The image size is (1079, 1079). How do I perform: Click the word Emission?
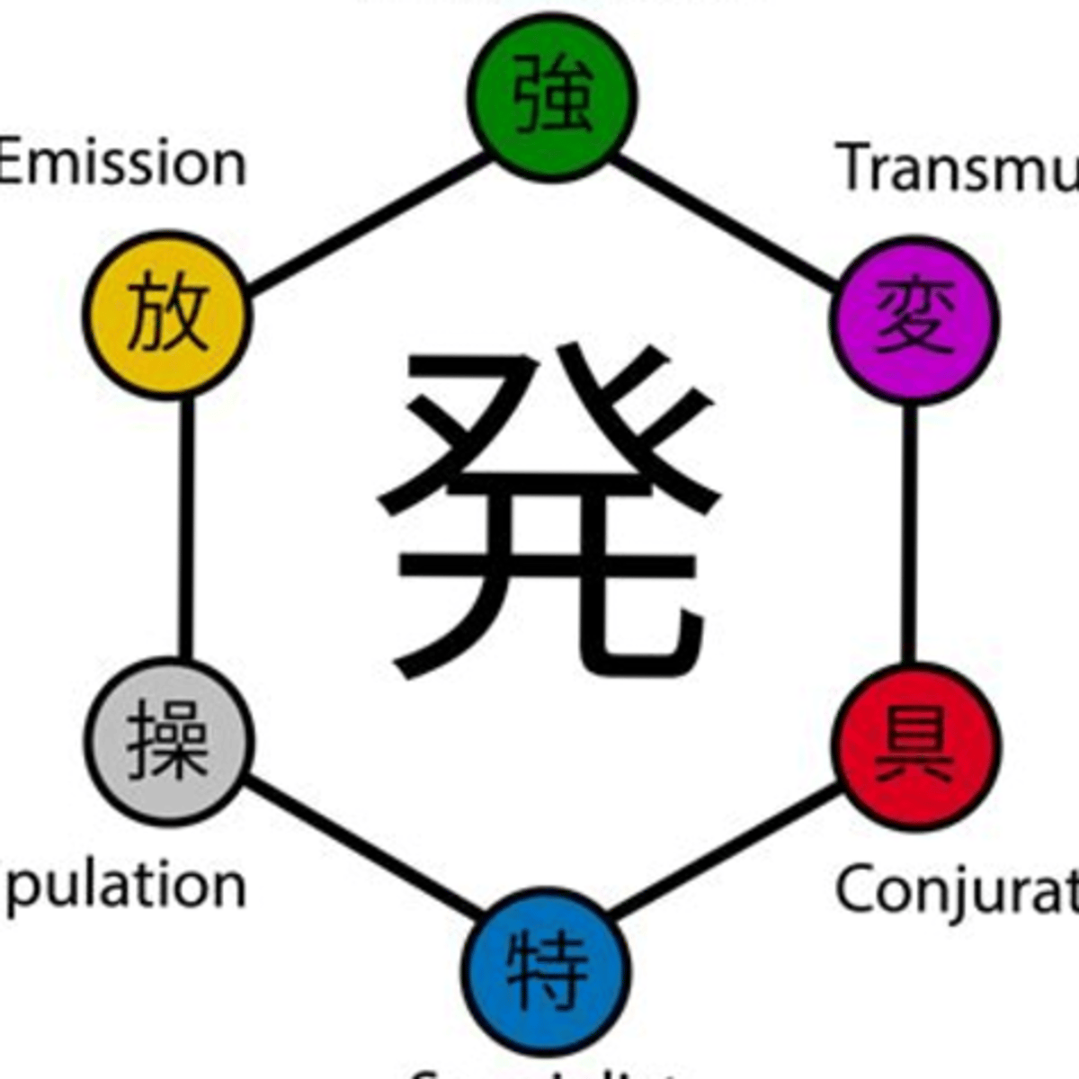point(122,164)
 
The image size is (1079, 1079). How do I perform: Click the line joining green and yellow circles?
point(369,225)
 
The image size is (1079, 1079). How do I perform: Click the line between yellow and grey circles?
point(186,531)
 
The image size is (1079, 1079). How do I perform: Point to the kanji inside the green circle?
point(552,94)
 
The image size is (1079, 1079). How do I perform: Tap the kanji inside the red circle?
point(914,745)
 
